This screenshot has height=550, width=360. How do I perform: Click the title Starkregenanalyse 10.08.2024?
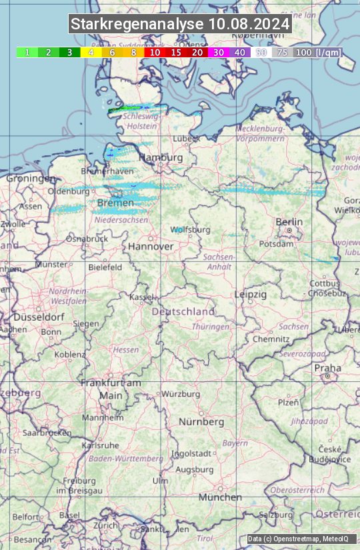click(180, 25)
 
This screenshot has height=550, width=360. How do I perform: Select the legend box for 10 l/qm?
click(154, 52)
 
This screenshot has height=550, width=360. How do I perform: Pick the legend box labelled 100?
click(303, 52)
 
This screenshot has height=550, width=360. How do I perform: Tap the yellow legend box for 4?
click(90, 52)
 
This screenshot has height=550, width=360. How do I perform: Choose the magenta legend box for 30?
click(218, 52)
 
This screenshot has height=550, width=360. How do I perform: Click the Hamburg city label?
click(161, 158)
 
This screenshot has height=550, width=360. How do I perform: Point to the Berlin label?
click(289, 222)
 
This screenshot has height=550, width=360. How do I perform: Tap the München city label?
click(220, 497)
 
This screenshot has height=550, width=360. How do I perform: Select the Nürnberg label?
click(201, 422)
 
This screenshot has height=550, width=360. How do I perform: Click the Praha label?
click(327, 368)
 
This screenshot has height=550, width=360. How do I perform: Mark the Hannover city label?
click(151, 246)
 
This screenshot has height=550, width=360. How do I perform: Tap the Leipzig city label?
click(250, 294)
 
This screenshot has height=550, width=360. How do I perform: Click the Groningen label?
click(31, 179)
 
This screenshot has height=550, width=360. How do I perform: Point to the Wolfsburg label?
click(190, 230)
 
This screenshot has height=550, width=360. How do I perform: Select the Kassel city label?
click(142, 297)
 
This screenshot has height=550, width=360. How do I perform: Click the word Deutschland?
click(183, 311)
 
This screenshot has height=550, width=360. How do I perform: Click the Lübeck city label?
click(186, 139)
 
